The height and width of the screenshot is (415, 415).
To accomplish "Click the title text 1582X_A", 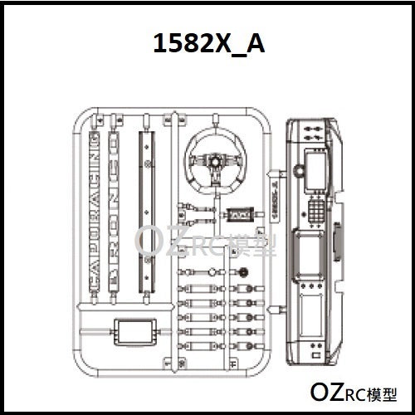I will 208,44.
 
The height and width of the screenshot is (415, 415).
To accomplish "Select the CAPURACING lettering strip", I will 94,207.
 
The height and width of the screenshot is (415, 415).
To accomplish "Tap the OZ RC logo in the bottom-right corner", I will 354,390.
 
